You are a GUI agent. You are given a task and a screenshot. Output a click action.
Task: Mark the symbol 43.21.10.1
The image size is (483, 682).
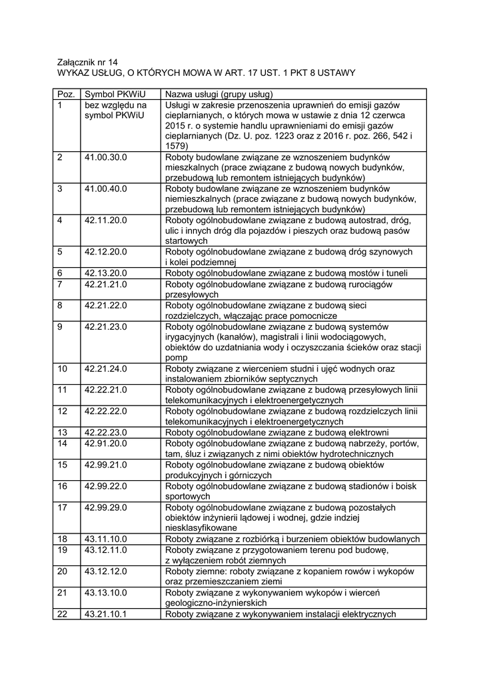point(105,613)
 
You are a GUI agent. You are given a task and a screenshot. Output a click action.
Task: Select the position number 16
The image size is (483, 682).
point(63,486)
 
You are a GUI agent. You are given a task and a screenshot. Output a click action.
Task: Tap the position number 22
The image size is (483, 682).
point(63,613)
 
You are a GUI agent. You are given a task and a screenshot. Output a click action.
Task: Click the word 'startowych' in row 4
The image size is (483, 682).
point(187,241)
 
